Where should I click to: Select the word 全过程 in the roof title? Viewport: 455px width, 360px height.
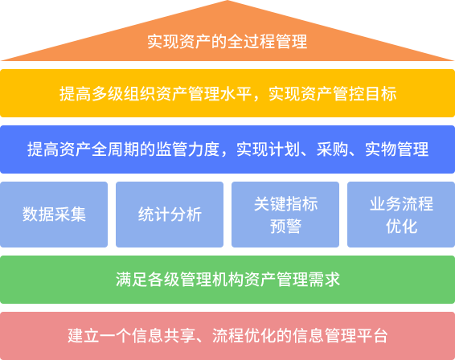[x=251, y=42]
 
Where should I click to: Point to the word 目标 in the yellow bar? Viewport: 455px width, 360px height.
[x=380, y=94]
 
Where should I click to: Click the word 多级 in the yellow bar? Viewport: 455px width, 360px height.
[x=108, y=94]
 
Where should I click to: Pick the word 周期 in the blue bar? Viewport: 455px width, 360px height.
[x=123, y=149]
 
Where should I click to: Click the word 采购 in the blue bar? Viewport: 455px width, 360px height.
[x=332, y=149]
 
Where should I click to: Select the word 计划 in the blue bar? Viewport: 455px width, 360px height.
[x=285, y=149]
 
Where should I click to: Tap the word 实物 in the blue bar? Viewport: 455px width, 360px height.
[x=380, y=149]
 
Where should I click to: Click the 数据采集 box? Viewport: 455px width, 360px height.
[x=54, y=215]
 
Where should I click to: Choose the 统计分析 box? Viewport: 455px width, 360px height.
[x=170, y=215]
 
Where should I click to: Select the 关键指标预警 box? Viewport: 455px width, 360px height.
[x=285, y=215]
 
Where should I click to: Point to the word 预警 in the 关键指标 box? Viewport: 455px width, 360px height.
[x=286, y=227]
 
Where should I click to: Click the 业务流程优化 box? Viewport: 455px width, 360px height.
[x=401, y=215]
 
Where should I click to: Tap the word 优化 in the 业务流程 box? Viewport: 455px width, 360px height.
[x=402, y=227]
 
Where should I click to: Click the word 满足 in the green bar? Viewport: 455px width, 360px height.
[x=132, y=280]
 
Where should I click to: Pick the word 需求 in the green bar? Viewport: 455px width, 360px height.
[x=324, y=280]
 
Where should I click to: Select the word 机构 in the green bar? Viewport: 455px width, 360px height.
[x=228, y=280]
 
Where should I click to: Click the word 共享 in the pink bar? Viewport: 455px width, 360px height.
[x=179, y=336]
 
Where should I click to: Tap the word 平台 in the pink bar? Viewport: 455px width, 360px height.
[x=372, y=336]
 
